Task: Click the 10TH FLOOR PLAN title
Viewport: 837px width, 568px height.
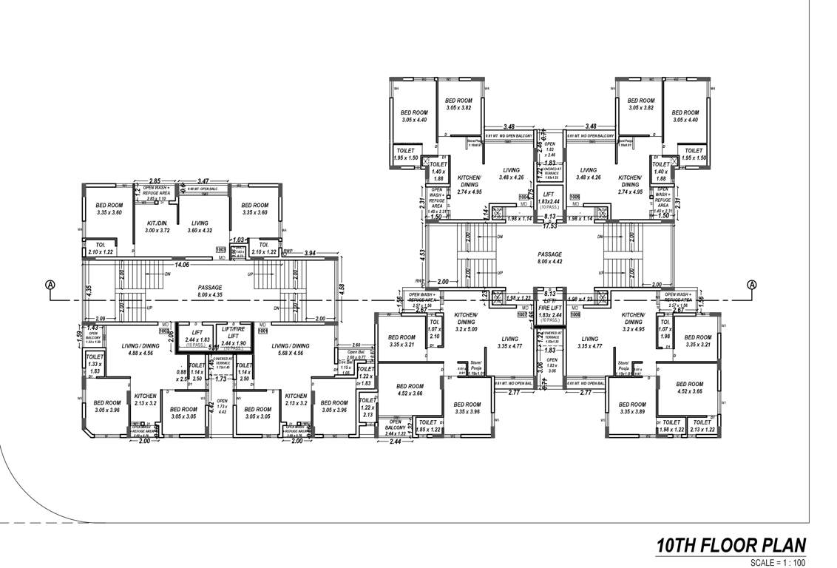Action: coord(730,546)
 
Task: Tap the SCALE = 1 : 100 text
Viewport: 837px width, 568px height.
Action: coord(777,562)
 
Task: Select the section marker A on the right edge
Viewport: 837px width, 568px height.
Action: coord(752,285)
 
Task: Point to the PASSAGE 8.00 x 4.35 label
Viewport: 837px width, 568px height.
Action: coord(210,291)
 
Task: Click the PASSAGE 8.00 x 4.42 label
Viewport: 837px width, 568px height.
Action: coord(550,257)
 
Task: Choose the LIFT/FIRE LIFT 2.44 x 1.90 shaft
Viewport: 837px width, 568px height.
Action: coord(234,338)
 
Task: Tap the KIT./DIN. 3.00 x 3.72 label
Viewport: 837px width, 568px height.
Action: coord(157,227)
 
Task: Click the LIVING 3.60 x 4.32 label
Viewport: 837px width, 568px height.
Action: coord(200,227)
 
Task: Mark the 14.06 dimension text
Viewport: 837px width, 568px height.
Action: coord(180,263)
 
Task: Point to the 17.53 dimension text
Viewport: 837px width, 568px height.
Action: coord(550,226)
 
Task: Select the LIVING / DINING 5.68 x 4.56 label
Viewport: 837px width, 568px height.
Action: coord(291,350)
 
